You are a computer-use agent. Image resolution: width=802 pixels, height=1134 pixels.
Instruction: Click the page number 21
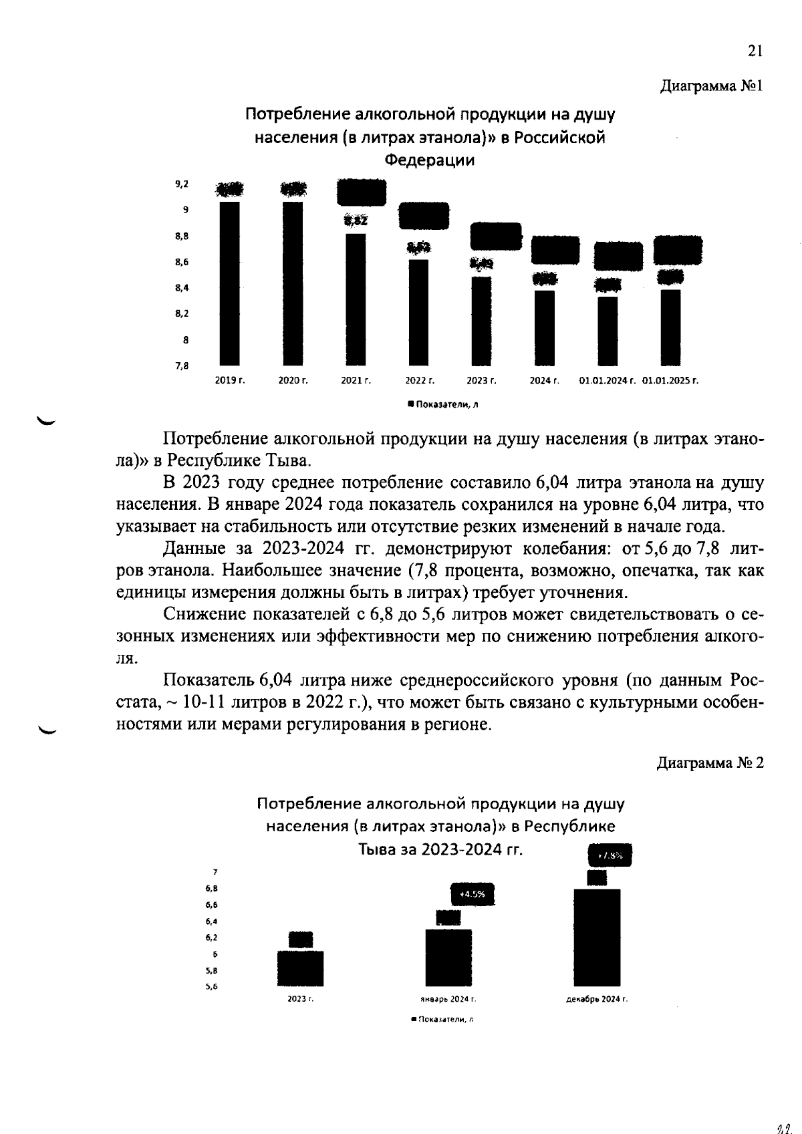point(755,51)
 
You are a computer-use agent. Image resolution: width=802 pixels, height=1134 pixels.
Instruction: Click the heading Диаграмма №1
point(711,86)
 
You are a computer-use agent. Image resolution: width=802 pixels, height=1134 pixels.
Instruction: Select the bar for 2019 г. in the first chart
point(230,283)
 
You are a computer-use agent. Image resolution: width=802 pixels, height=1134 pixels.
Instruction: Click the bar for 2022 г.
point(418,312)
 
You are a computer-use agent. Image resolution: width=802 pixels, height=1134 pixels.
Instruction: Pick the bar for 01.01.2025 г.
point(670,327)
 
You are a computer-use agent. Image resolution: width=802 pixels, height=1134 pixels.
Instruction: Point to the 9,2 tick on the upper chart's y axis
point(182,184)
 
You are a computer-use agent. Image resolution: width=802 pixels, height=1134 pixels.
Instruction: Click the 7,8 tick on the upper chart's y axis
point(182,366)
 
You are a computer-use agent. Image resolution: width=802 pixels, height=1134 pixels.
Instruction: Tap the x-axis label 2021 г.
point(356,381)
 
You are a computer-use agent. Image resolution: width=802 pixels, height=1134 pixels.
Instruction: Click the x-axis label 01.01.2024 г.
point(607,381)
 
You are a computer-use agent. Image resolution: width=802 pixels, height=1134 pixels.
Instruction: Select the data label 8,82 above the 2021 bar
point(356,221)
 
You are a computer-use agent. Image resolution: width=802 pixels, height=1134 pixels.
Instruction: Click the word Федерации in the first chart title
point(430,160)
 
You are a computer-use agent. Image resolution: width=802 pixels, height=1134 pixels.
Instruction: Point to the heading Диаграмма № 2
point(710,763)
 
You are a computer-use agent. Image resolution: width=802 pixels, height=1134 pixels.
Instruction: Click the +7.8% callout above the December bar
point(609,855)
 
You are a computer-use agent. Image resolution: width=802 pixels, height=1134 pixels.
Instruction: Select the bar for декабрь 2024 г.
point(597,938)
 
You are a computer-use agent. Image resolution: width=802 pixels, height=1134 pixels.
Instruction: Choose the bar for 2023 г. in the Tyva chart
point(301,968)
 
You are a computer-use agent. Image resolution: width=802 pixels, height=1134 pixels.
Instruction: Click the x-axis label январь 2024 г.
point(448,1000)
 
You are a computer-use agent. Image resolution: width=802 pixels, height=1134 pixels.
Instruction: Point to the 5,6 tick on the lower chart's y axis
point(213,986)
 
